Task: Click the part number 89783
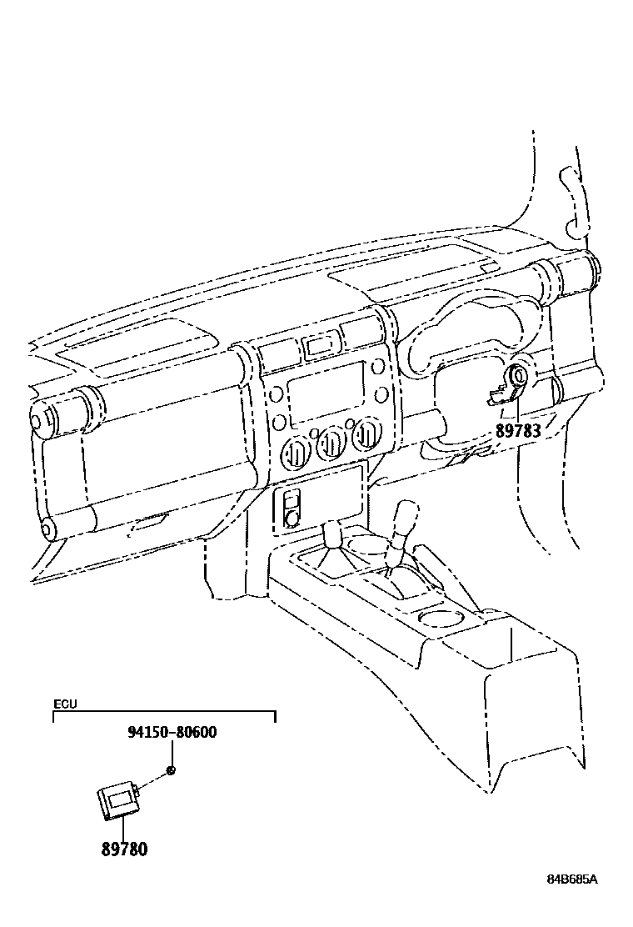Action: pyautogui.click(x=518, y=430)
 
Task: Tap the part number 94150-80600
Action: pyautogui.click(x=172, y=733)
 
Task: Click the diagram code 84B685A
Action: pyautogui.click(x=573, y=879)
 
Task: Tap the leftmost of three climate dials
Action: pyautogui.click(x=297, y=452)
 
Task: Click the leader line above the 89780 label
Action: pyautogui.click(x=123, y=829)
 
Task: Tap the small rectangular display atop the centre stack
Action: pyautogui.click(x=321, y=343)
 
